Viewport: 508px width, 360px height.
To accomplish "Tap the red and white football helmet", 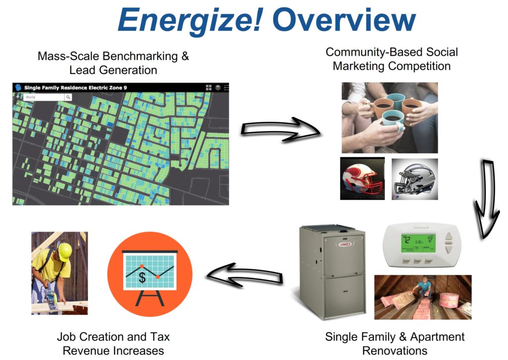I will [x=362, y=179].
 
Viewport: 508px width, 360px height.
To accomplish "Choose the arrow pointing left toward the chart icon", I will [x=245, y=273].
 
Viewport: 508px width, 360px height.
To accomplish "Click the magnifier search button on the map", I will [x=68, y=97].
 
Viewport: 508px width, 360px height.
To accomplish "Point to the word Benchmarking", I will [x=141, y=56].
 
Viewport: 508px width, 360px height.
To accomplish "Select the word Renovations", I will [x=395, y=351].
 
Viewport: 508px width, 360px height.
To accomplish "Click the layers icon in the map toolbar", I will [x=217, y=87].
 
